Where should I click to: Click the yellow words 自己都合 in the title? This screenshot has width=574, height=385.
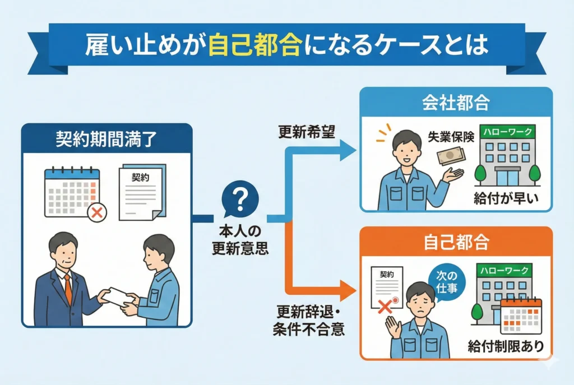[x=252, y=45]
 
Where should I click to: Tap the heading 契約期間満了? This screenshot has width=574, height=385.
[x=107, y=138]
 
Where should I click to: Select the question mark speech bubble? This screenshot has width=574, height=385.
[x=240, y=201]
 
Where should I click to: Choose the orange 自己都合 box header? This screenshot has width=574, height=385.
[x=456, y=242]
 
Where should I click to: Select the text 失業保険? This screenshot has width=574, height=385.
[x=451, y=138]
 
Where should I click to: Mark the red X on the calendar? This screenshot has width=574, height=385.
[x=96, y=212]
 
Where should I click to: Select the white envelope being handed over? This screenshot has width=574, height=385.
[x=120, y=296]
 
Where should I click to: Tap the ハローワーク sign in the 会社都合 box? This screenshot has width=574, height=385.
[x=504, y=132]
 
